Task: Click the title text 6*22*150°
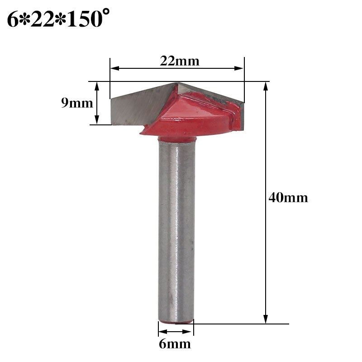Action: (x=58, y=19)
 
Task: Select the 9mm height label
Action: (x=77, y=103)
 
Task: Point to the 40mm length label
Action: (x=288, y=198)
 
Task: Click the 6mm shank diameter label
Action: (x=175, y=344)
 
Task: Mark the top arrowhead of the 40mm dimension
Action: (x=265, y=86)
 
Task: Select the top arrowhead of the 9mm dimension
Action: (x=96, y=86)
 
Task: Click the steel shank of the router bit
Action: (x=176, y=226)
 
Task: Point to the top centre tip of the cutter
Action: (x=178, y=84)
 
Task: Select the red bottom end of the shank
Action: (x=176, y=322)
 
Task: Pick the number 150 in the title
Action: (x=86, y=19)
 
